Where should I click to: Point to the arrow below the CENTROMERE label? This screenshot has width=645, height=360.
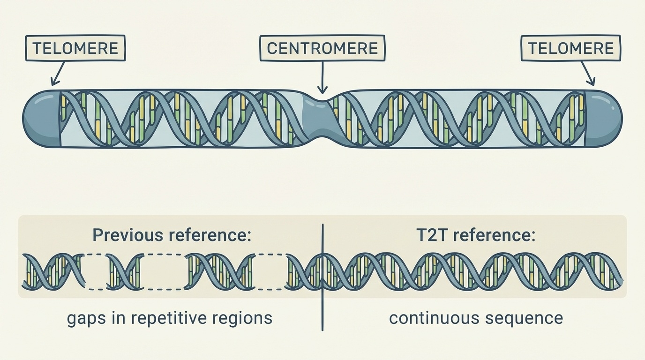(322, 77)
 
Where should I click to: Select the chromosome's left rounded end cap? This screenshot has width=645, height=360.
(41, 117)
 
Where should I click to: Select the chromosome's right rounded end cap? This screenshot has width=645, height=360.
(603, 117)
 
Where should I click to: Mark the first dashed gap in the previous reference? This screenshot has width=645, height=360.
(96, 272)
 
